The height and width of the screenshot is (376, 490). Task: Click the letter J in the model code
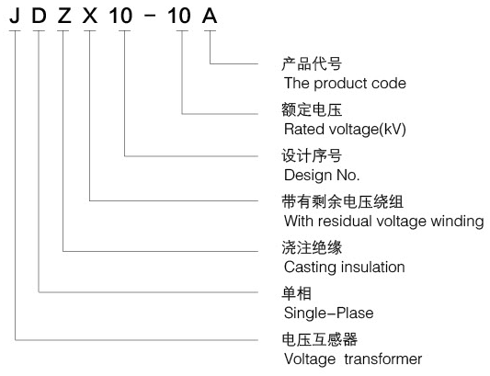[15, 16]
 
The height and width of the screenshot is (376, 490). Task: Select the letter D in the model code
[39, 16]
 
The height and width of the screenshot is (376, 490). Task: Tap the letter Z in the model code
[64, 16]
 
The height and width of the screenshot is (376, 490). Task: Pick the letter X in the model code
[90, 16]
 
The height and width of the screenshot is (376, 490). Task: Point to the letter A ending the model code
[210, 16]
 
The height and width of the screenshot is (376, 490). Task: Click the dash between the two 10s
[150, 17]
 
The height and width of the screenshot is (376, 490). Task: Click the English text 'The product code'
[345, 84]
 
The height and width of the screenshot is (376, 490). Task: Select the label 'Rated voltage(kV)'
[345, 129]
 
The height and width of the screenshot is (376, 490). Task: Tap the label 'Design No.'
[322, 175]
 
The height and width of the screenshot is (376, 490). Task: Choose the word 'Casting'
[311, 268]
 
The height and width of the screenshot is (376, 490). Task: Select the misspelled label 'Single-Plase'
[329, 313]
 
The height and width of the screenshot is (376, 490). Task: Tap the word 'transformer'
[383, 359]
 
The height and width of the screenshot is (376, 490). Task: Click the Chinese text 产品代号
[312, 64]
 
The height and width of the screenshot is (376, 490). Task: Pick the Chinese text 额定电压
[312, 109]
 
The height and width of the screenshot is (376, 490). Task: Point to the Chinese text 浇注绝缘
[312, 248]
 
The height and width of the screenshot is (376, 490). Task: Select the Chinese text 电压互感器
[319, 340]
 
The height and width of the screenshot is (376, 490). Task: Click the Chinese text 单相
[297, 294]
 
